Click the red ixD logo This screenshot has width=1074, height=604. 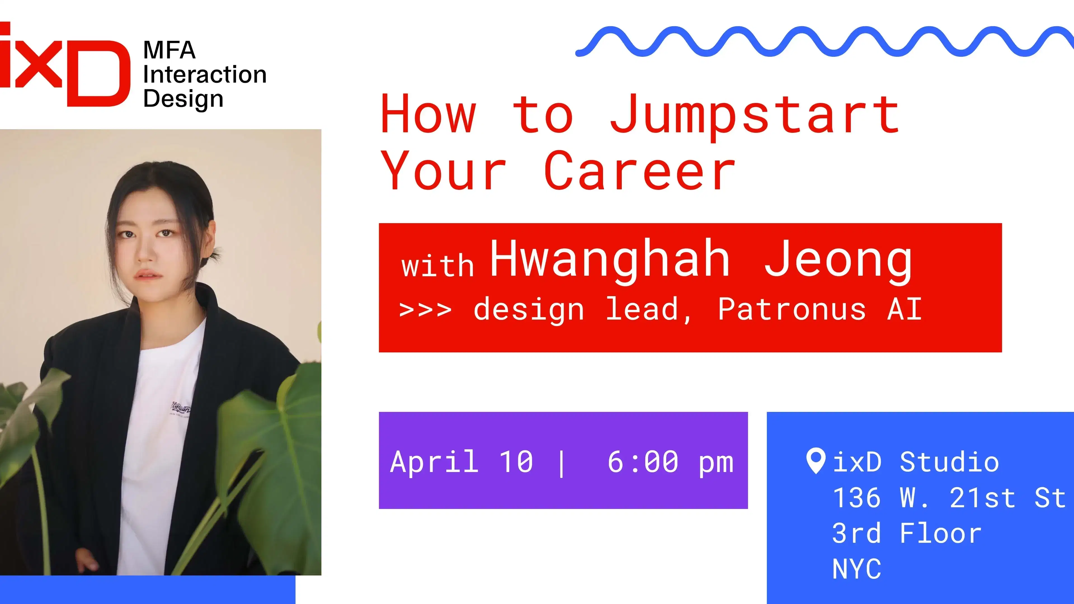tap(65, 65)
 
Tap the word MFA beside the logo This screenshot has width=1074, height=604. tap(169, 50)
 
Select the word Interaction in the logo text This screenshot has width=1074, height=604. tap(205, 75)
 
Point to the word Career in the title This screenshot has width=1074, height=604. tap(640, 171)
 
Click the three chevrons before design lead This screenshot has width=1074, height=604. tap(425, 310)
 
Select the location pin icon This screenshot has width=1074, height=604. tap(816, 461)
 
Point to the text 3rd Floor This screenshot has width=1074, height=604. tap(907, 533)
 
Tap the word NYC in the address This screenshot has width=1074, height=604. tap(857, 568)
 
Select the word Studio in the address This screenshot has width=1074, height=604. tap(949, 462)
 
